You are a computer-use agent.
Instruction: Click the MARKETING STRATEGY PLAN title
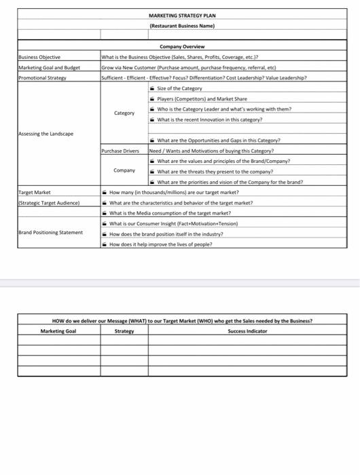(x=181, y=16)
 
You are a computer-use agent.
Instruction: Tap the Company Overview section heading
(x=181, y=46)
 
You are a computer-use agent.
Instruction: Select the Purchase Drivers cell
(x=123, y=151)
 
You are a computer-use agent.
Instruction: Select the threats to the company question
(x=215, y=172)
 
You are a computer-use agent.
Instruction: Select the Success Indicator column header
(x=247, y=331)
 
